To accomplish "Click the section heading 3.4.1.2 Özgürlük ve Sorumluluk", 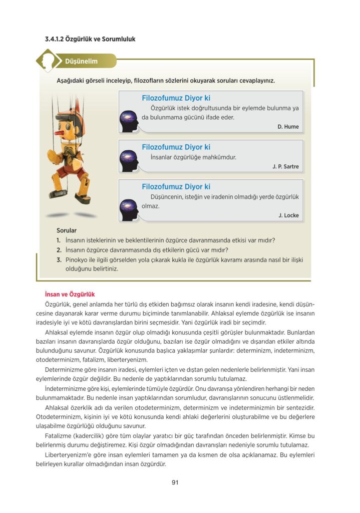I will click(x=90, y=39).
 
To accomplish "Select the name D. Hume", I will click(x=288, y=127).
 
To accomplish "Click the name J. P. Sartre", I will click(x=285, y=166).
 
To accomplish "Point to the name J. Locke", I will click(x=288, y=215).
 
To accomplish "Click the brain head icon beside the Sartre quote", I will click(x=129, y=161).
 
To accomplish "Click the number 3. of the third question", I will click(x=59, y=260).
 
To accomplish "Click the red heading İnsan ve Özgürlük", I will click(x=70, y=295).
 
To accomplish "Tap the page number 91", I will click(x=175, y=482).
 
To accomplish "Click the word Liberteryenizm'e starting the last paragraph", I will click(x=68, y=454).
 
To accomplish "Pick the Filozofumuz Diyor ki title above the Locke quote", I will click(x=176, y=187).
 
